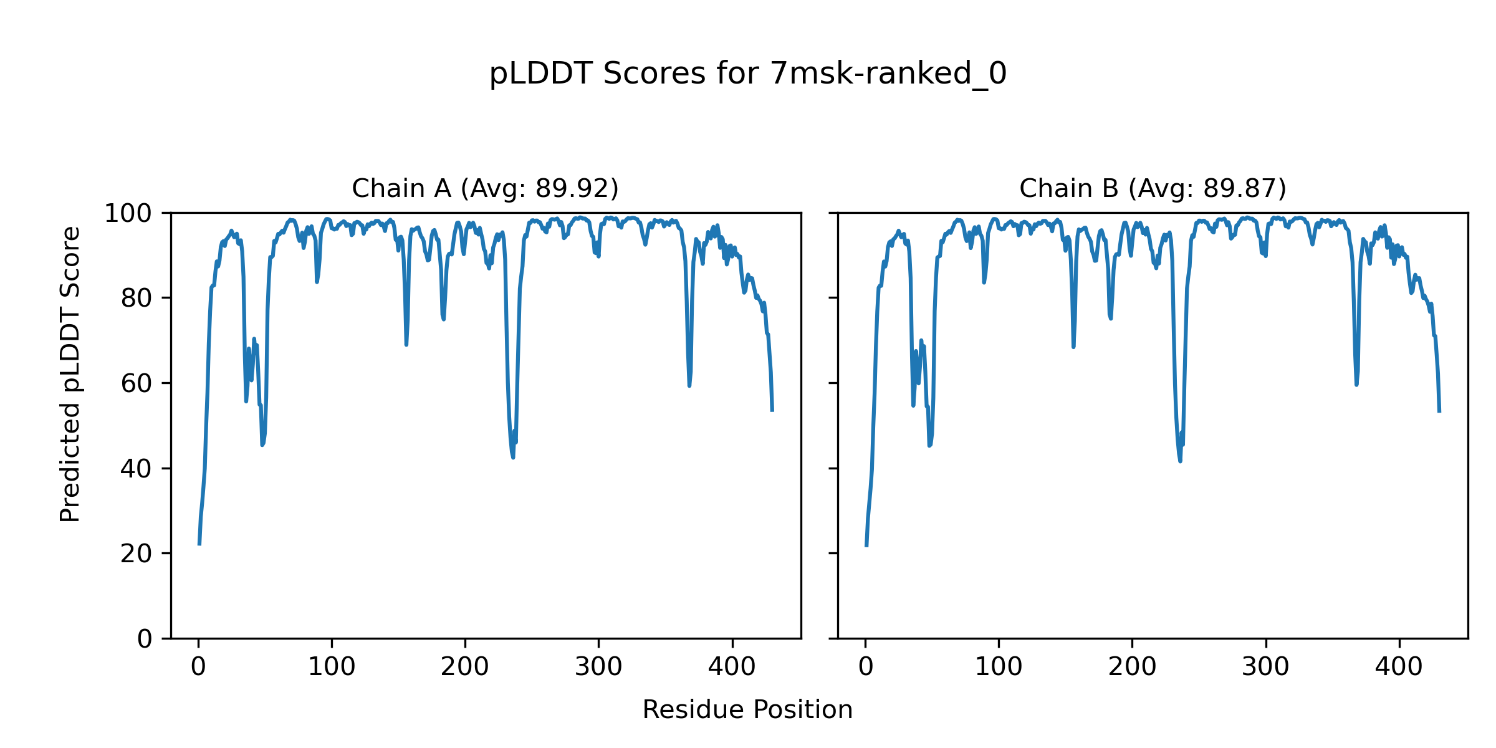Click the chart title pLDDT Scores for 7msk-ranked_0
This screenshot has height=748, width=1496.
[x=747, y=74]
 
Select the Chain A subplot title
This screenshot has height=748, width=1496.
[x=485, y=188]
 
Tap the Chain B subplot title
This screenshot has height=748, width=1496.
[x=1153, y=188]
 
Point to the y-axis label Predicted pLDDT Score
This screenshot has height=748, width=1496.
[x=70, y=374]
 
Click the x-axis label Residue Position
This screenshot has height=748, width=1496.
[x=747, y=710]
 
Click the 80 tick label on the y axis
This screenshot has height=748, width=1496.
[x=137, y=299]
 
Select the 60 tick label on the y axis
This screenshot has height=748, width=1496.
[x=137, y=384]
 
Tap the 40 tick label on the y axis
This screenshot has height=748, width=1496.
[x=137, y=469]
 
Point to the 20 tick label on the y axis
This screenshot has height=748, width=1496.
[x=137, y=554]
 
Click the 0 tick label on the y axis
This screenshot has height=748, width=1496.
[x=145, y=639]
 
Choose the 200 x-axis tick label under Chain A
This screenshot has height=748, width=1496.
[x=465, y=668]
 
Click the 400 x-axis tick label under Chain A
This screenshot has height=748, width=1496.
[x=732, y=668]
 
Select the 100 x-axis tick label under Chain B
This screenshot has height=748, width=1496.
[x=999, y=668]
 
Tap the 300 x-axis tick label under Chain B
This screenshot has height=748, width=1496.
[x=1265, y=668]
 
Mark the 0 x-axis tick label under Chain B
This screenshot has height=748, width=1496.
[x=866, y=668]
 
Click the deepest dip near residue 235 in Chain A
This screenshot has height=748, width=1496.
[x=513, y=458]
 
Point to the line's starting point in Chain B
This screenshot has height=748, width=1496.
[x=866, y=545]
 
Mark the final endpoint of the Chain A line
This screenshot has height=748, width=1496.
[x=772, y=411]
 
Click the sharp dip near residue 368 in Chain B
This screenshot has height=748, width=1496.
[x=1356, y=385]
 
